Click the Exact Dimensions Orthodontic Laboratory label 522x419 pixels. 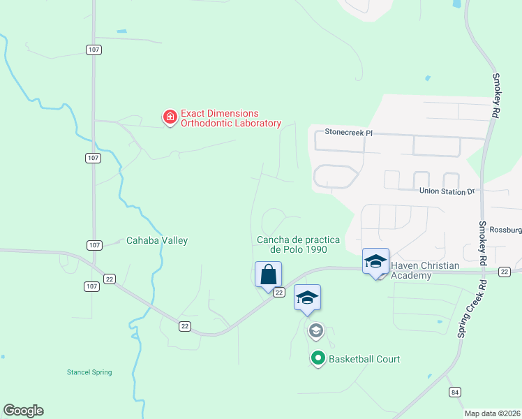pos(230,118)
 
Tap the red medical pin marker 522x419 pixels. pos(170,117)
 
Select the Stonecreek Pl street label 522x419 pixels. pos(349,131)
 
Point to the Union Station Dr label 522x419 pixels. pos(447,191)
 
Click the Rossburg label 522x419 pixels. pos(505,229)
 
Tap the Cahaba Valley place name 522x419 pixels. pos(157,240)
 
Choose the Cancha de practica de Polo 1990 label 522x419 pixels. pos(292,244)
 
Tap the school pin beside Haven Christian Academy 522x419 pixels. pos(375,263)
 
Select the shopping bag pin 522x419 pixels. pos(269,274)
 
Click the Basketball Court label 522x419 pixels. pos(364,359)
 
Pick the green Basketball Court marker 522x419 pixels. pos(318,359)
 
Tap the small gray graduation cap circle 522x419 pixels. pos(315,330)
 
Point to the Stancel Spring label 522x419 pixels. pos(89,372)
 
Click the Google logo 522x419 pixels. pos(23,411)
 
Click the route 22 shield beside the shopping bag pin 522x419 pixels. pos(278,293)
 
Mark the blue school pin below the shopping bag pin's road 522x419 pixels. pos(307,297)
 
